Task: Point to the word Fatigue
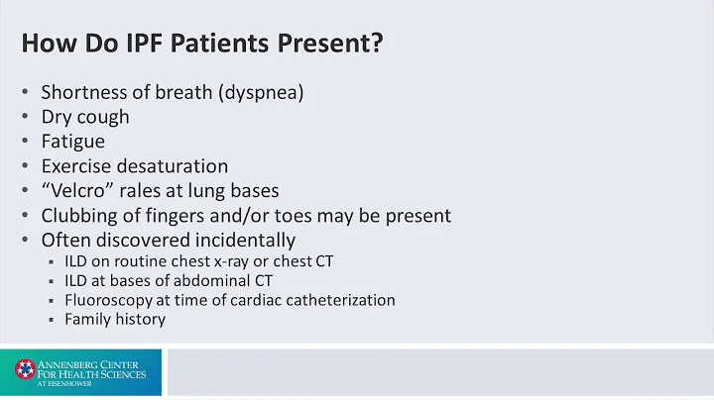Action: point(72,142)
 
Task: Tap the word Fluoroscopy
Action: point(108,300)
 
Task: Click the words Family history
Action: point(115,319)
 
